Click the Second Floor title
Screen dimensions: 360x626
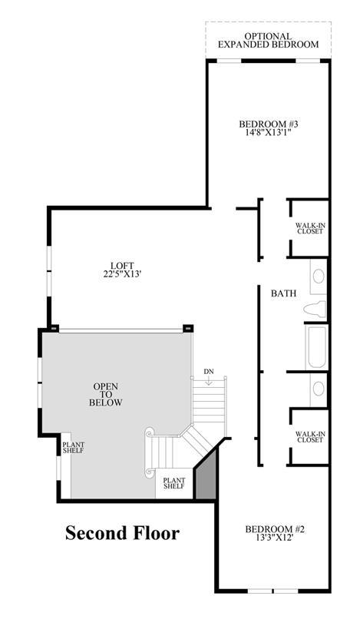coord(122,533)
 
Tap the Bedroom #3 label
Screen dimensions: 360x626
coord(268,124)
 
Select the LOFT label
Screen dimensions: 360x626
coord(122,266)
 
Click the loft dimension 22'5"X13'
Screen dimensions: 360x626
coord(122,274)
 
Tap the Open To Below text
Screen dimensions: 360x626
coord(105,395)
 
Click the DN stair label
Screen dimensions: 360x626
coord(209,372)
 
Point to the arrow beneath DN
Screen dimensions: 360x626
coord(209,381)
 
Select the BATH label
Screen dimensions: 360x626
coord(284,293)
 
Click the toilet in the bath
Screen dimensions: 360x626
coord(315,310)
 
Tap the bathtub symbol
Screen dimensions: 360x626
coord(316,347)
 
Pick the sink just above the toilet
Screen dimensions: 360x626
coord(319,277)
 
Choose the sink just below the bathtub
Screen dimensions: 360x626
coord(319,389)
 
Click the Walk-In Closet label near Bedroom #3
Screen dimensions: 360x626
coord(310,228)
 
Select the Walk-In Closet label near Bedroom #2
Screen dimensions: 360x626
coord(309,437)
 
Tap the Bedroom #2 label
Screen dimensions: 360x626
coord(275,529)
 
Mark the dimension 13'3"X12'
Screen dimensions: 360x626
coord(275,538)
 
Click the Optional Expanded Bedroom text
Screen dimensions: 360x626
coord(268,41)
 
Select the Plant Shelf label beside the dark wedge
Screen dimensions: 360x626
coord(174,483)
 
